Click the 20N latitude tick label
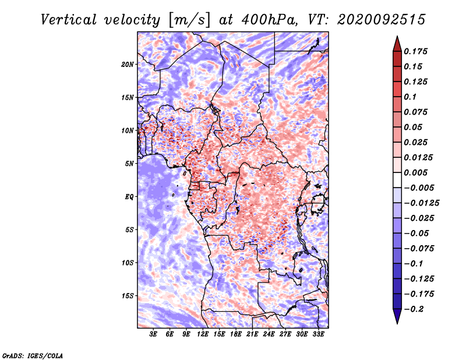[x=127, y=65]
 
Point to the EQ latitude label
[x=129, y=197]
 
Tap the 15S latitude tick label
[x=127, y=296]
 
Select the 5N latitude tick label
[x=129, y=164]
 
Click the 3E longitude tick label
[x=153, y=334]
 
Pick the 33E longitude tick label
[x=318, y=334]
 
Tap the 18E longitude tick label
[x=236, y=334]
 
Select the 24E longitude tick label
[x=269, y=334]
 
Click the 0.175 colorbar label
[x=415, y=51]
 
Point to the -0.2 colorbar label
[x=414, y=309]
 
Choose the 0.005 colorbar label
[x=415, y=172]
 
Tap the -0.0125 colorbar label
[x=421, y=203]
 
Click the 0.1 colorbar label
[x=410, y=97]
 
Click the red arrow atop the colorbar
[x=397, y=44]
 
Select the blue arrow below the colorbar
[x=397, y=316]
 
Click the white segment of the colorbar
[x=397, y=180]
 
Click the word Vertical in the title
[x=69, y=20]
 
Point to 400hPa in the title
[x=269, y=20]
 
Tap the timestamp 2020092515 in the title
[x=382, y=20]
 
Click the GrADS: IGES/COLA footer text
[x=33, y=356]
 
